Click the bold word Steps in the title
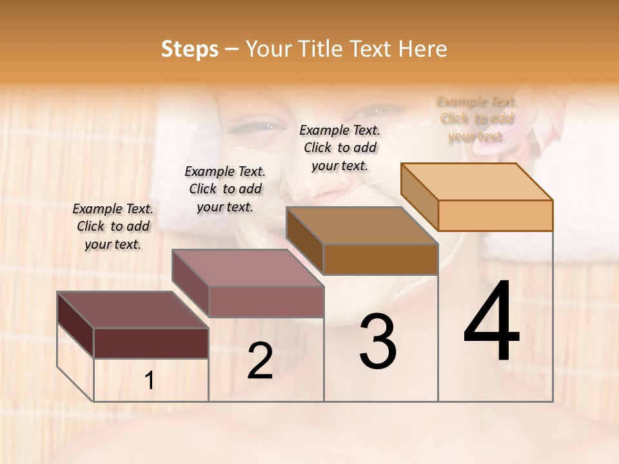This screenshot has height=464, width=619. (x=190, y=49)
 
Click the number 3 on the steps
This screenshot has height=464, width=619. (x=377, y=342)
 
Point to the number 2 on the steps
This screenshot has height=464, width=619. (x=260, y=361)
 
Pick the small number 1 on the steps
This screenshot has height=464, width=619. (x=149, y=381)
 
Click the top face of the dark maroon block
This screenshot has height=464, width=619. (x=132, y=310)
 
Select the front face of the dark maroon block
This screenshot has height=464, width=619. (x=151, y=343)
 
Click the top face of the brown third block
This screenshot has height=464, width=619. (x=362, y=226)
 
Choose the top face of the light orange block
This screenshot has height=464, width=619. (x=477, y=182)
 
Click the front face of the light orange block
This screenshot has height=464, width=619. (x=495, y=215)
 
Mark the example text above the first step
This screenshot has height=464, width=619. (x=113, y=226)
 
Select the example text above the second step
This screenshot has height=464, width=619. (x=225, y=189)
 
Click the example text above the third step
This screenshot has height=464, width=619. (x=340, y=148)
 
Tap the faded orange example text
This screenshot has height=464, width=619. (x=477, y=119)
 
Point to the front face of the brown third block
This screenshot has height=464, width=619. (x=380, y=259)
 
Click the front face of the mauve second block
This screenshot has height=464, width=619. (x=266, y=302)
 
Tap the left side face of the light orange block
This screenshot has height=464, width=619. (x=419, y=196)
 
